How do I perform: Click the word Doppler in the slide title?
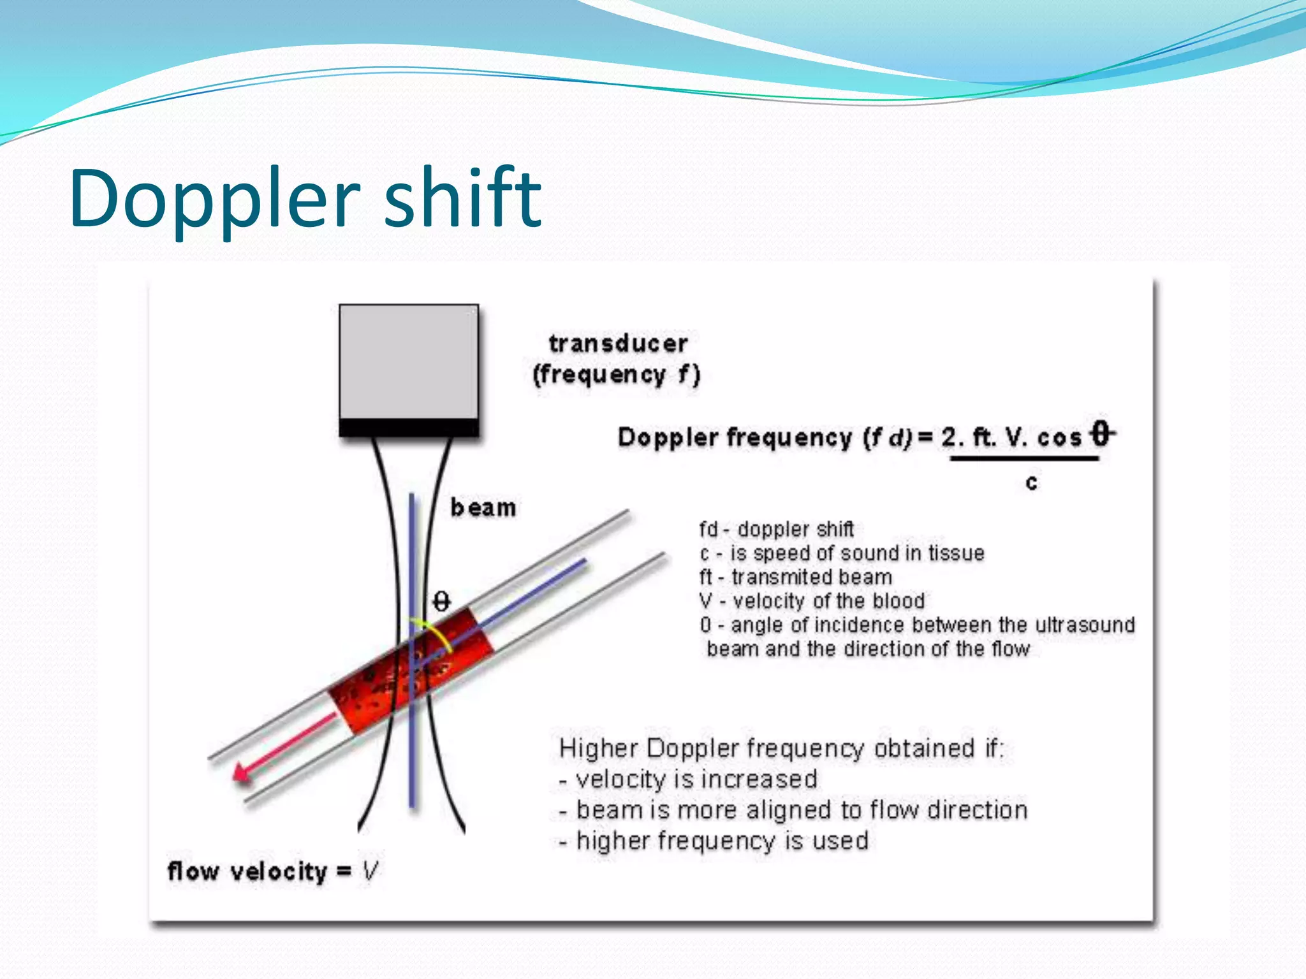pyautogui.click(x=214, y=199)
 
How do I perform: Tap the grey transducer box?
pyautogui.click(x=408, y=361)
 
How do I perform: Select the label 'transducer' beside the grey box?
pyautogui.click(x=618, y=344)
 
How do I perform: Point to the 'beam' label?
pyautogui.click(x=483, y=508)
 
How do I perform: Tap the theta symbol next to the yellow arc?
pyautogui.click(x=441, y=601)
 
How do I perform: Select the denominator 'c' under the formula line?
pyautogui.click(x=1031, y=482)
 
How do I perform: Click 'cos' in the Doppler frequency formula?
pyautogui.click(x=1059, y=438)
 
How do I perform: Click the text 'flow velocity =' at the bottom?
pyautogui.click(x=259, y=871)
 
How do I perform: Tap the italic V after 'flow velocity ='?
pyautogui.click(x=370, y=871)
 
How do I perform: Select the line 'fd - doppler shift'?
pyautogui.click(x=776, y=529)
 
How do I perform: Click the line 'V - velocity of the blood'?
pyautogui.click(x=812, y=600)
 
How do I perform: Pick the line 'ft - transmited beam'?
pyautogui.click(x=796, y=577)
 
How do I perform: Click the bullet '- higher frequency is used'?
pyautogui.click(x=714, y=841)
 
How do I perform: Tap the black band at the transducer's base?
pyautogui.click(x=409, y=428)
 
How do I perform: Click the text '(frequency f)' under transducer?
pyautogui.click(x=617, y=375)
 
